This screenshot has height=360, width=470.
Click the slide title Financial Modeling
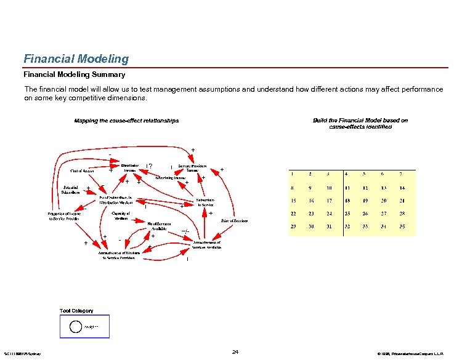(76, 59)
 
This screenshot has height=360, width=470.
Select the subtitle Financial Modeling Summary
(74, 74)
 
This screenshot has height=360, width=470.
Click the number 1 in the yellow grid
(293, 174)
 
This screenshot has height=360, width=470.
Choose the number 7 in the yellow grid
(401, 174)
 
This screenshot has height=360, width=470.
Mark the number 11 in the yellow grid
(347, 187)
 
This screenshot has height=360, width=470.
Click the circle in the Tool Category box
(73, 326)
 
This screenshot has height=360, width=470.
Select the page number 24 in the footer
(235, 352)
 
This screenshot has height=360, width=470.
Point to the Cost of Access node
(82, 170)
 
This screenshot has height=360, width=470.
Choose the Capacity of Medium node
(121, 215)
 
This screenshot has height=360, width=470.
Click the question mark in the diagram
(151, 166)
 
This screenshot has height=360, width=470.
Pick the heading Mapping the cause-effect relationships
(126, 121)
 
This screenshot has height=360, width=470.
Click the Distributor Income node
(129, 167)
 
